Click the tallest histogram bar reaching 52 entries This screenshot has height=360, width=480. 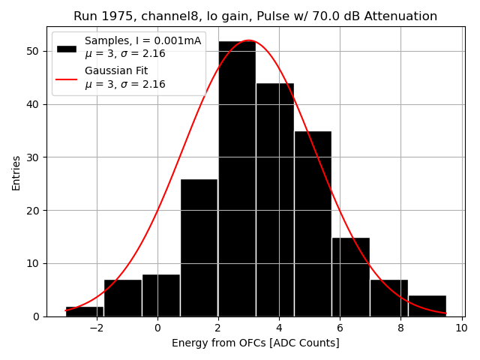pyautogui.click(x=236, y=180)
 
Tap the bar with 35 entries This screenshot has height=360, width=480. pyautogui.click(x=313, y=224)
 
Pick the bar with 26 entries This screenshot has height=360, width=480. pyautogui.click(x=199, y=247)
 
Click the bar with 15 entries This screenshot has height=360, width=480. pyautogui.click(x=350, y=277)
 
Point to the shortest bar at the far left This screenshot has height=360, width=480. pyautogui.click(x=85, y=311)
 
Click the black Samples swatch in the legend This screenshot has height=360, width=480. pyautogui.click(x=67, y=48)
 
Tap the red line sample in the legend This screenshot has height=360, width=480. pyautogui.click(x=67, y=78)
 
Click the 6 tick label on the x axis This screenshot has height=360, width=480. pyautogui.click(x=340, y=328)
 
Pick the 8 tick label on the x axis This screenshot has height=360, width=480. pyautogui.click(x=400, y=328)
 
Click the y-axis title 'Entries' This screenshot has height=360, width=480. pyautogui.click(x=16, y=172)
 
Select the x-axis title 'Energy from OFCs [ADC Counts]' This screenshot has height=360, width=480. pyautogui.click(x=255, y=343)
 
